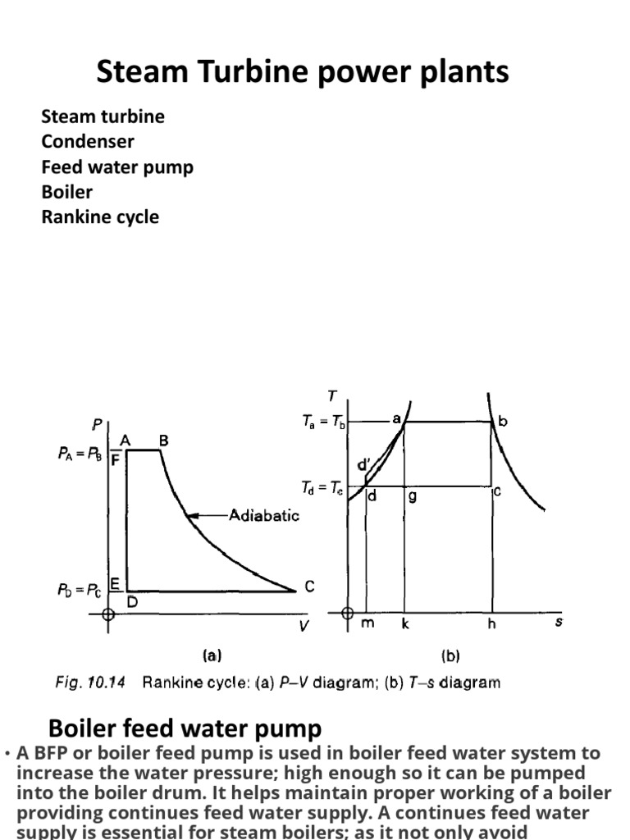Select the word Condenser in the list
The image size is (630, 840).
(x=88, y=142)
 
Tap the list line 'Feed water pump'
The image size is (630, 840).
(x=117, y=167)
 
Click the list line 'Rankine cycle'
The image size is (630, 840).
(x=100, y=217)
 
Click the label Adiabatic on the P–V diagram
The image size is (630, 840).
(x=264, y=515)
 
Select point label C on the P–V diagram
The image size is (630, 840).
(x=309, y=587)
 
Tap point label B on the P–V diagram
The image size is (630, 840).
(x=163, y=441)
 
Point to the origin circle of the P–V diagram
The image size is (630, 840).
(x=107, y=614)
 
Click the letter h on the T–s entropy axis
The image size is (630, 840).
(x=491, y=623)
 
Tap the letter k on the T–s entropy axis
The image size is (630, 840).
(x=404, y=623)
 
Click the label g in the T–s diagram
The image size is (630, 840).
(x=413, y=496)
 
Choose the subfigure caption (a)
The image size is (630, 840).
(x=212, y=655)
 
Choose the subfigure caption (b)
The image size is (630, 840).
(x=450, y=655)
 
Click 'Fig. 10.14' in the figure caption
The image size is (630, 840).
(x=90, y=682)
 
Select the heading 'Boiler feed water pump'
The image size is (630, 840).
(x=185, y=728)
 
